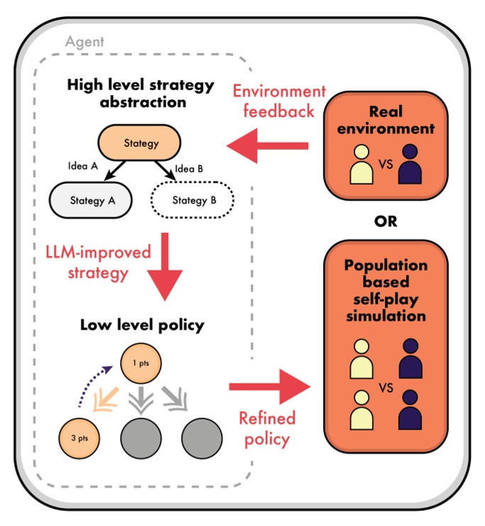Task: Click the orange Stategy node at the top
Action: click(141, 144)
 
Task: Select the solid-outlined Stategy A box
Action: click(92, 201)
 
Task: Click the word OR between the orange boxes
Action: click(386, 221)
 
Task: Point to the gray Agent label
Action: click(85, 42)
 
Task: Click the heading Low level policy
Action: click(142, 325)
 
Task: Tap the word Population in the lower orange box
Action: click(386, 265)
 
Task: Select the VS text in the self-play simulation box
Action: click(386, 388)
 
